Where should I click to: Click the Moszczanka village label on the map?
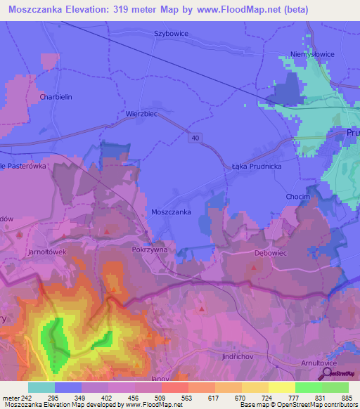(x=172, y=212)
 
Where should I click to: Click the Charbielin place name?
(x=56, y=98)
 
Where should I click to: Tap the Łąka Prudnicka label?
(x=256, y=167)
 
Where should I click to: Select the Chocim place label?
(x=297, y=197)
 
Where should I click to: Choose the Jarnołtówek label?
(x=48, y=251)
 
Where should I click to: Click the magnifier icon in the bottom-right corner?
(x=327, y=374)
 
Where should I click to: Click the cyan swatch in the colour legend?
(x=41, y=387)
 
